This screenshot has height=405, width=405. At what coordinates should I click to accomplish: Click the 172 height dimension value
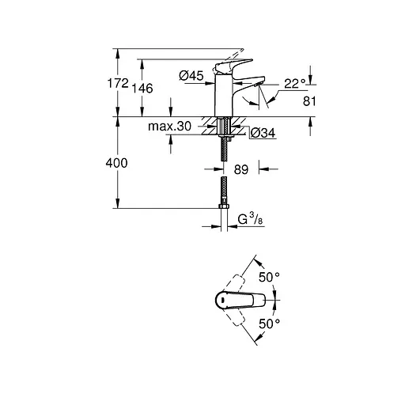[118, 83]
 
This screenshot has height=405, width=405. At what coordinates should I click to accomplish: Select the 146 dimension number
[142, 89]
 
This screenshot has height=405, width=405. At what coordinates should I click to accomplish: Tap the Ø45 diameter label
[191, 76]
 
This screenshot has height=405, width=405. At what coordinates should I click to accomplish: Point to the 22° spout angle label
[295, 84]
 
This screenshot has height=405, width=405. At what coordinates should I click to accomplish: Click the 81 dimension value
[309, 101]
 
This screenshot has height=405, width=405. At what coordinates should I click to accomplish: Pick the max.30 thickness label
[169, 127]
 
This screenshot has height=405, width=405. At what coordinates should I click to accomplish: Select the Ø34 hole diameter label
[263, 133]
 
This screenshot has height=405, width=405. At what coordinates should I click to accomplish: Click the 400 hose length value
[116, 163]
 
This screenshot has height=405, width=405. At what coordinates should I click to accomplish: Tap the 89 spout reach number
[241, 169]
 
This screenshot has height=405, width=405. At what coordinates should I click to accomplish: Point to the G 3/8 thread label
[251, 219]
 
